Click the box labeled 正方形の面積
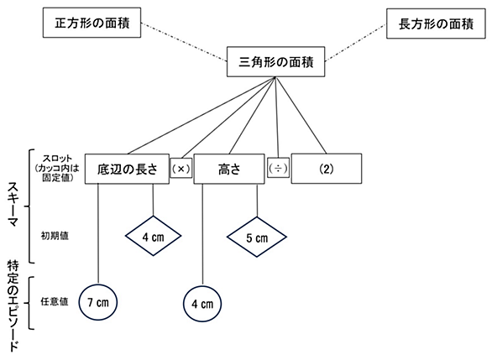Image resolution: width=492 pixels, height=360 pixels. click(92, 23)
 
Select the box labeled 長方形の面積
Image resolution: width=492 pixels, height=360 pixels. click(436, 23)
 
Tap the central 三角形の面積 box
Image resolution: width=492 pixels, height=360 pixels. click(276, 62)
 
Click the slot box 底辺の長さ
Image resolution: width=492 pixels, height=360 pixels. click(127, 169)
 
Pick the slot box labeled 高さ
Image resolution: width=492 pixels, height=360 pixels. click(229, 169)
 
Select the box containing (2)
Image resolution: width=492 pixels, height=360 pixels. click(327, 169)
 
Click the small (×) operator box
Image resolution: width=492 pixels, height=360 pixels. click(181, 168)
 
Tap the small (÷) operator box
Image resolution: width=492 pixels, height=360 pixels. click(278, 168)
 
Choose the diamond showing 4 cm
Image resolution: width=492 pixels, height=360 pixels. click(153, 236)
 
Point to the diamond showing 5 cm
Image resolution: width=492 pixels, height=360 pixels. click(257, 237)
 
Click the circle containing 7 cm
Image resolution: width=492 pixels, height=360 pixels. click(98, 302)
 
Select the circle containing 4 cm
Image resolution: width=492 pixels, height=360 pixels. click(202, 304)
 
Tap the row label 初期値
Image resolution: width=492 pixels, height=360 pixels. click(55, 236)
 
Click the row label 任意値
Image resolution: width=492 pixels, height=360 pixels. click(55, 301)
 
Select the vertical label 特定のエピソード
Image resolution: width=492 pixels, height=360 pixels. click(13, 305)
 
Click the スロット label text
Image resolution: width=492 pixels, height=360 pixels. click(57, 159)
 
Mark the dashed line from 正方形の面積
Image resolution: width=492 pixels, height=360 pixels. click(184, 41)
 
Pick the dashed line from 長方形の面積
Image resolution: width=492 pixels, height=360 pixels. click(355, 43)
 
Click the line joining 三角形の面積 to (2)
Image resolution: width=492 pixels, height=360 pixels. click(301, 115)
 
